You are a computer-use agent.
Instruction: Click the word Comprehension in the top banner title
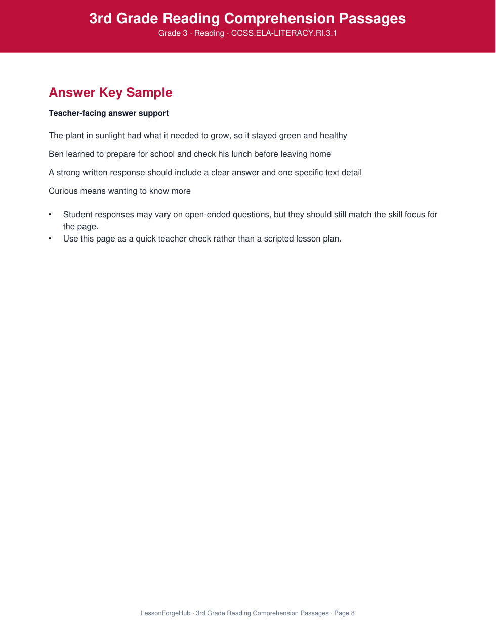coord(279,19)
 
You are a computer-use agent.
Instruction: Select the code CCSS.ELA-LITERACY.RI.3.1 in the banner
coord(284,33)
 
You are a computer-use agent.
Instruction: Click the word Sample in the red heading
coord(149,93)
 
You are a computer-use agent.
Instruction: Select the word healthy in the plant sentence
coord(333,136)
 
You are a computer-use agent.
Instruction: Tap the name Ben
coord(56,154)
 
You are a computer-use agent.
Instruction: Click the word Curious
coord(63,191)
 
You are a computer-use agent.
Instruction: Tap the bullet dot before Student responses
coord(50,214)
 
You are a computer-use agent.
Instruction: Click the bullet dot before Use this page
coord(50,238)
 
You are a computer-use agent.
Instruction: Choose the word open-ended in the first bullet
coord(208,215)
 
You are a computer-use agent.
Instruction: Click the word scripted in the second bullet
coord(279,239)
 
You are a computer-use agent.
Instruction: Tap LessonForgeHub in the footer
coord(166,613)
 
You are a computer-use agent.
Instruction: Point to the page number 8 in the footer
coord(353,613)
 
